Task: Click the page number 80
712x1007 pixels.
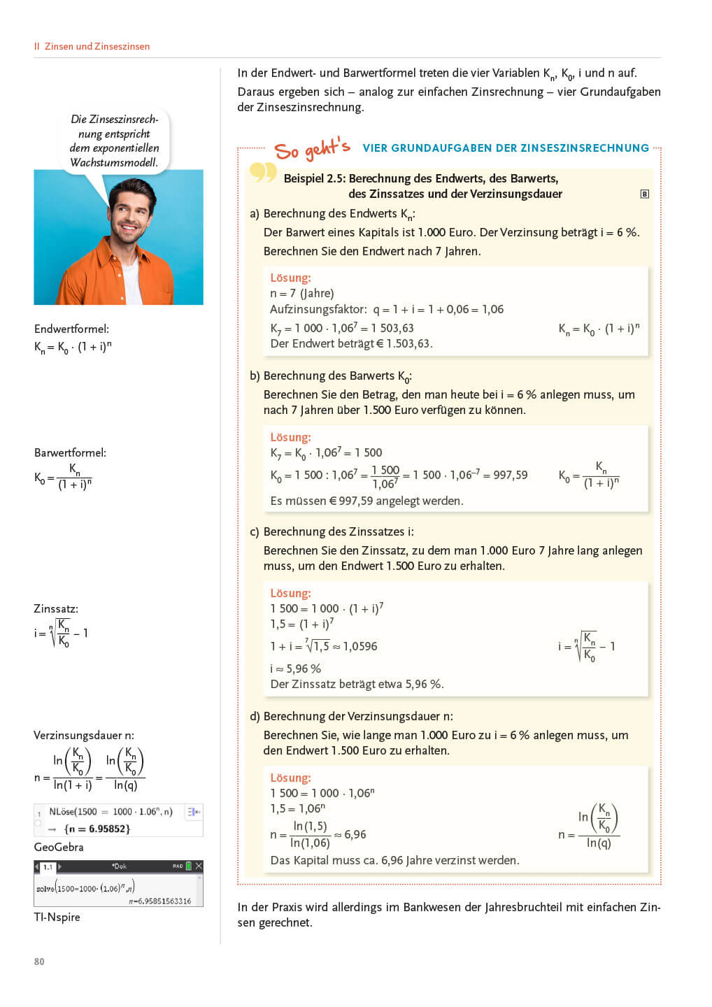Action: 39,962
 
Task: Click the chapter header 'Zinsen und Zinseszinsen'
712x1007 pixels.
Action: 97,47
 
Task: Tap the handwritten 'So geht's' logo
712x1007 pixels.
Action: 312,149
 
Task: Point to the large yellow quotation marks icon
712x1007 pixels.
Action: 263,171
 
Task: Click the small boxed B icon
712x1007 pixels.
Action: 645,194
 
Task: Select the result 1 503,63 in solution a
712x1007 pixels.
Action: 397,328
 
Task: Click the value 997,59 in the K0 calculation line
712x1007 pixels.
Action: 511,475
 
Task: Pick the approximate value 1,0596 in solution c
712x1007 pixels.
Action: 360,646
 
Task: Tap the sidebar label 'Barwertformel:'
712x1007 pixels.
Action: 70,452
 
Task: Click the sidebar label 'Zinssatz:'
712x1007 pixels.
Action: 56,608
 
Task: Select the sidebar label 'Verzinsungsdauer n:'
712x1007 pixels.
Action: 84,735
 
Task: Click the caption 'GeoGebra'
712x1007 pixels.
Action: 59,847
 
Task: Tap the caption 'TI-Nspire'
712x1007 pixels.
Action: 57,917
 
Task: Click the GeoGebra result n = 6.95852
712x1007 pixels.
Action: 97,829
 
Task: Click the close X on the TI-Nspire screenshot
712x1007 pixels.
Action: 199,866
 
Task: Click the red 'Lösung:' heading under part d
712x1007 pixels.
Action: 290,778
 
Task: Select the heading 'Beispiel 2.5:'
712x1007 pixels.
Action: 315,178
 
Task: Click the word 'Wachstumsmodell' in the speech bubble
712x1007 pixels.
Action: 113,162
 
